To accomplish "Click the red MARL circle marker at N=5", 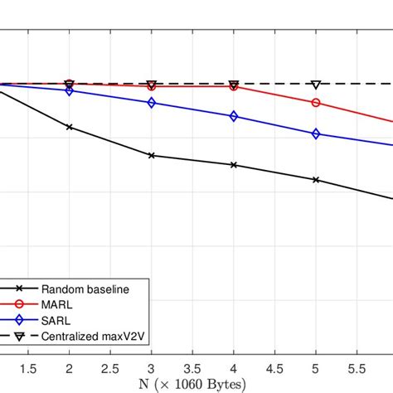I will [x=316, y=103].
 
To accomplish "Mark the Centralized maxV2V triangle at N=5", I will [x=316, y=85].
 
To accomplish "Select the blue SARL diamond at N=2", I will [x=69, y=90].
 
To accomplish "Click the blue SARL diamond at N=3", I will [x=151, y=103].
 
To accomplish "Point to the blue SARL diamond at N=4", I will [x=234, y=117].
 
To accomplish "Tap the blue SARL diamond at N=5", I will [x=316, y=133].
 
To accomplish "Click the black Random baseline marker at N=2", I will [x=69, y=127].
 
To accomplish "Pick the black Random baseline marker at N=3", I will [x=151, y=155].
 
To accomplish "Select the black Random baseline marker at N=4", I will [x=234, y=165].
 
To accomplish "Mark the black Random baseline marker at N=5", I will [x=316, y=179].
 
